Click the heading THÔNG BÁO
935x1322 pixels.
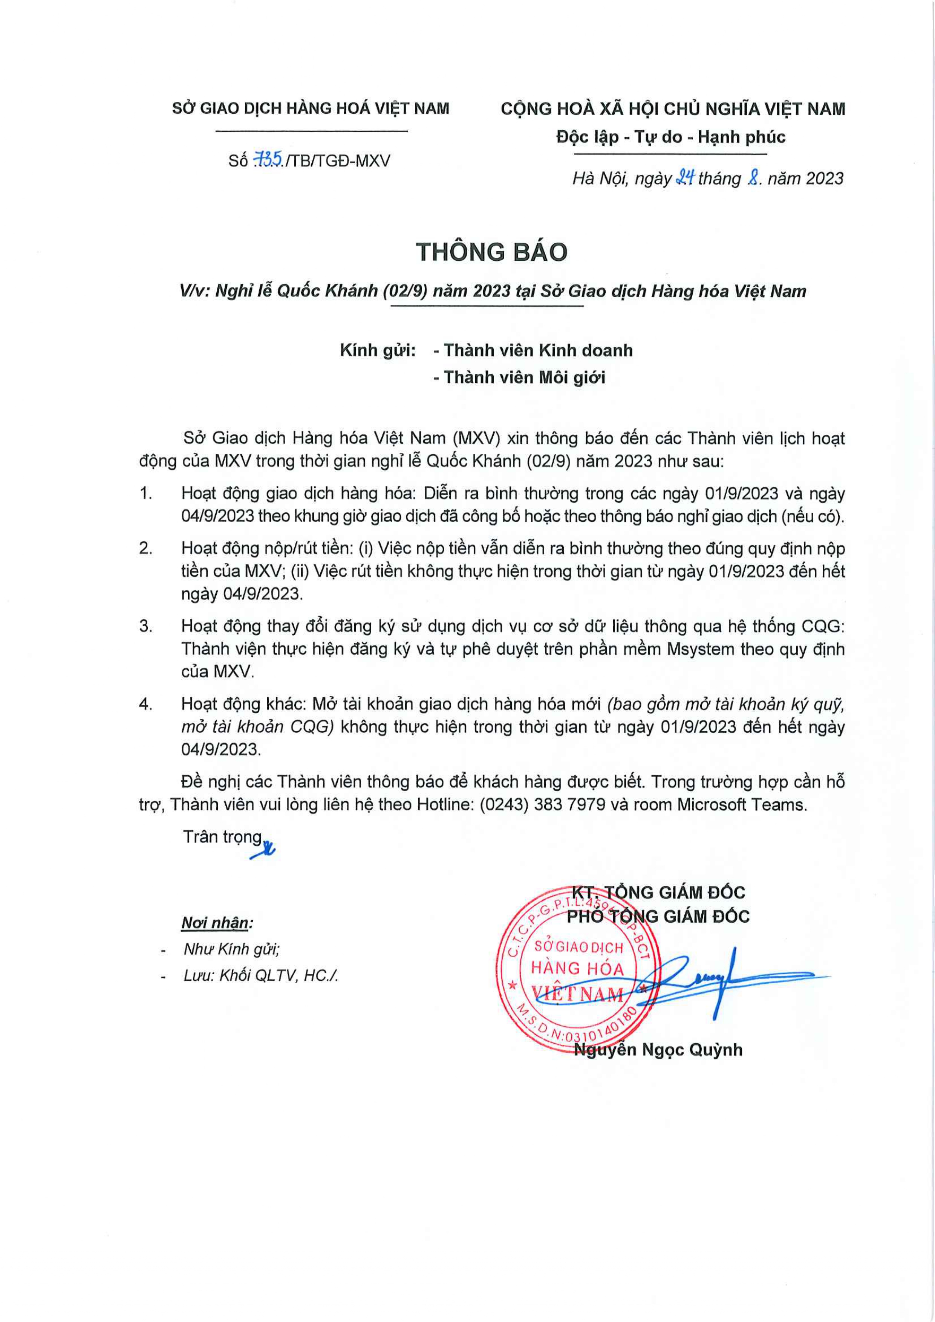point(491,252)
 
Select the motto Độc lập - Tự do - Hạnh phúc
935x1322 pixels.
point(670,137)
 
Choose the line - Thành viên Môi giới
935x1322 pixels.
point(519,378)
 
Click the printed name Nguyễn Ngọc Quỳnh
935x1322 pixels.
point(658,1050)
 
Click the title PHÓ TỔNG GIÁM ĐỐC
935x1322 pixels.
point(658,916)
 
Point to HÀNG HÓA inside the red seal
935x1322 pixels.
point(577,969)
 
